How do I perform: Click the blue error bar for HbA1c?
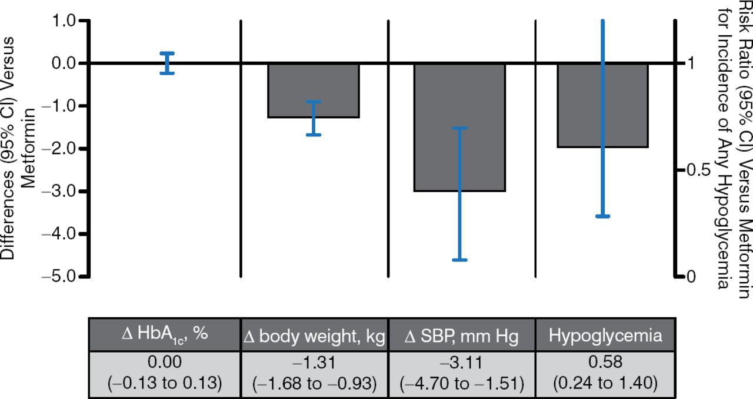pos(168,63)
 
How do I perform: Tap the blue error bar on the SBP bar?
pos(460,194)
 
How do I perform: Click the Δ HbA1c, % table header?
pos(164,336)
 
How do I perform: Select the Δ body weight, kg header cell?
pos(314,336)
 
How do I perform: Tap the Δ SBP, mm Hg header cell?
pos(461,336)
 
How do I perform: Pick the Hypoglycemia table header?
pos(605,336)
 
